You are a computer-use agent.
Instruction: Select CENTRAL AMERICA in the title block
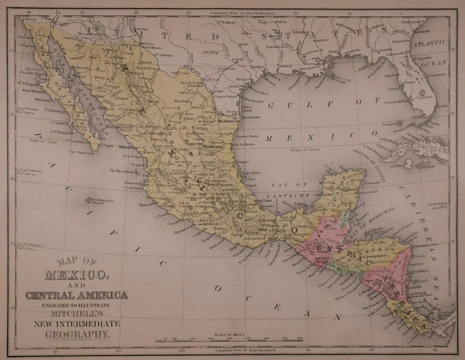[x=76, y=295]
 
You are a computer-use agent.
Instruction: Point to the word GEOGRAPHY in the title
[x=77, y=335]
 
